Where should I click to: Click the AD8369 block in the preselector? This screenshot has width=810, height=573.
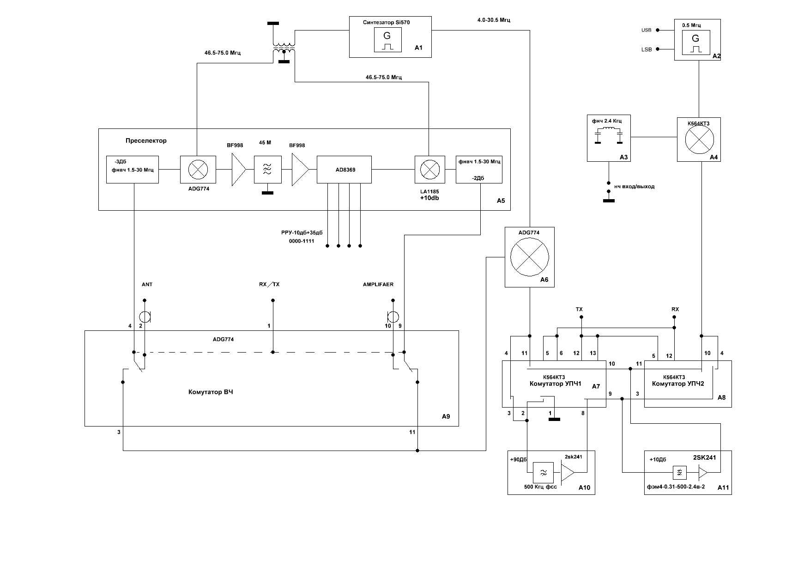344,170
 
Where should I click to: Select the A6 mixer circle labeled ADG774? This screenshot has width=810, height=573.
529,257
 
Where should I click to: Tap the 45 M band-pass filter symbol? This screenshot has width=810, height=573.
267,170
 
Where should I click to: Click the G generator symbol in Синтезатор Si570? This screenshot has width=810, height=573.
387,40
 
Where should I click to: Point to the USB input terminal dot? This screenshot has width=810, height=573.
658,30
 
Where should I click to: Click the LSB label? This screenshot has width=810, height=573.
647,49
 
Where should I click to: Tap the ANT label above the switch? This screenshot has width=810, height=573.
147,284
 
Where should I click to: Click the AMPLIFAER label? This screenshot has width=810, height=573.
378,284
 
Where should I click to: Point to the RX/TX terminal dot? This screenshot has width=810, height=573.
273,300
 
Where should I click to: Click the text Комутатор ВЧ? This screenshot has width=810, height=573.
211,392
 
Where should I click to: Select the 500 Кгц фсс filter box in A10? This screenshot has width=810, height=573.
544,473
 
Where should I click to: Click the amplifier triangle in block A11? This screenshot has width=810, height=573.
703,472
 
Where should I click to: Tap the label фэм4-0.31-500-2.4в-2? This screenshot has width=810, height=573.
676,487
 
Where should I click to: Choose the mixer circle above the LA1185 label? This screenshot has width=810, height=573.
430,170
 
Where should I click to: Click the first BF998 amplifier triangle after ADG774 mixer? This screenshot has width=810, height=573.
239,170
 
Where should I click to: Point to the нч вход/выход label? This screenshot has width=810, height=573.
634,187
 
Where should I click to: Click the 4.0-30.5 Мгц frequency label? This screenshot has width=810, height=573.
494,20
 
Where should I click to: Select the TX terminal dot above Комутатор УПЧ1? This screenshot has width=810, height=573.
581,317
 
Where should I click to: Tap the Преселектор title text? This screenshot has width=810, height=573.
146,140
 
